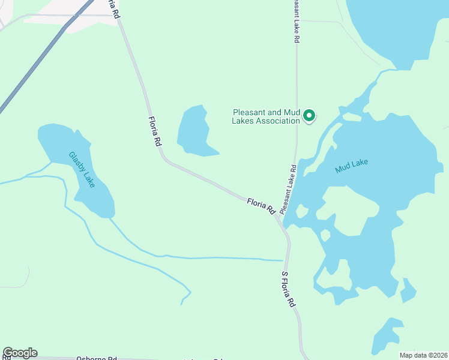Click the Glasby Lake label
click(82, 169)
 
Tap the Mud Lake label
click(351, 166)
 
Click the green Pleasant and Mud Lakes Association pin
click(309, 115)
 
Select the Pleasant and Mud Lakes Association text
click(266, 116)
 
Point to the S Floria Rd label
click(288, 289)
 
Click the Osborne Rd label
click(96, 358)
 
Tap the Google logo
click(20, 353)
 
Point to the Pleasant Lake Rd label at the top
click(296, 21)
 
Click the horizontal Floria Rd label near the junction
click(261, 206)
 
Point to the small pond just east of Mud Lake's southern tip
click(408, 291)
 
